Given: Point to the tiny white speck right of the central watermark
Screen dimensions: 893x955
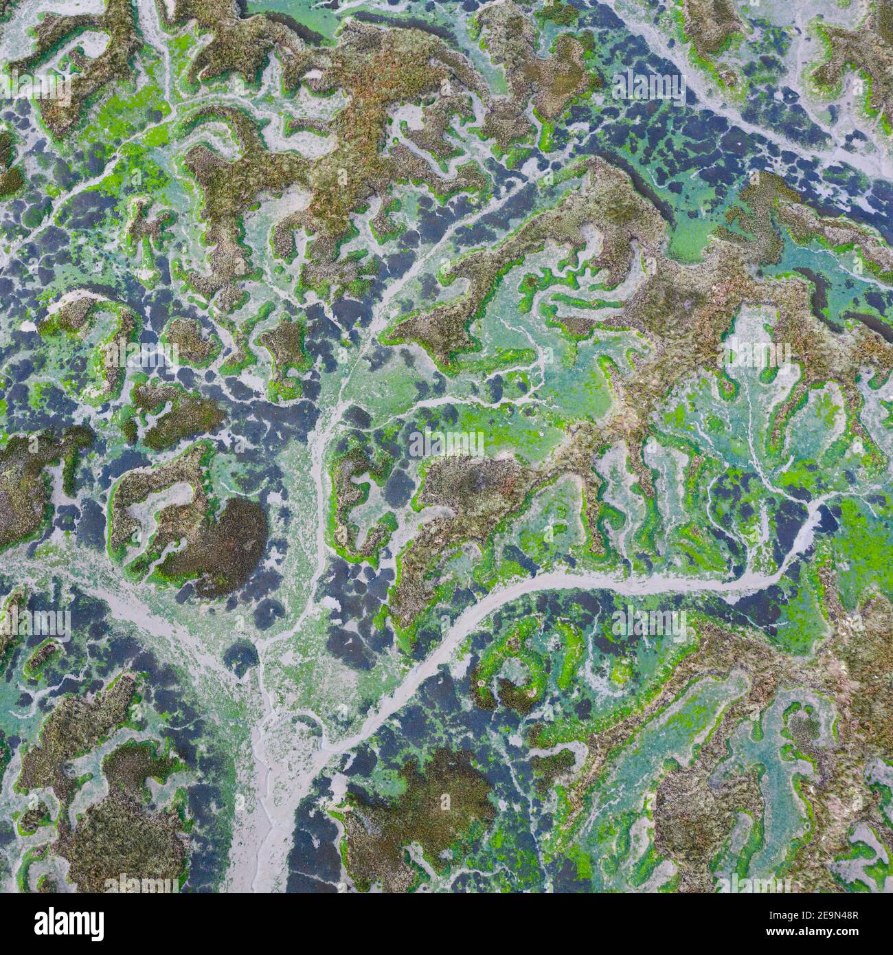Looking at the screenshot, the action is click(x=544, y=434).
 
